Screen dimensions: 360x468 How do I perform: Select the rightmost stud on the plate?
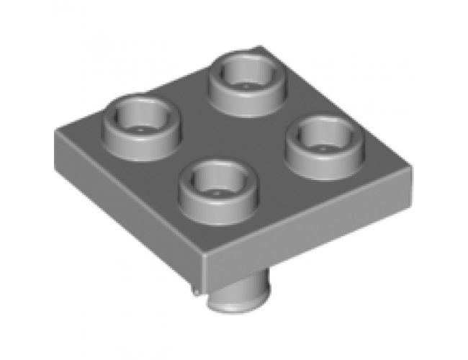point(320,141)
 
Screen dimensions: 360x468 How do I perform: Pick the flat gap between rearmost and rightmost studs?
point(284,108)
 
